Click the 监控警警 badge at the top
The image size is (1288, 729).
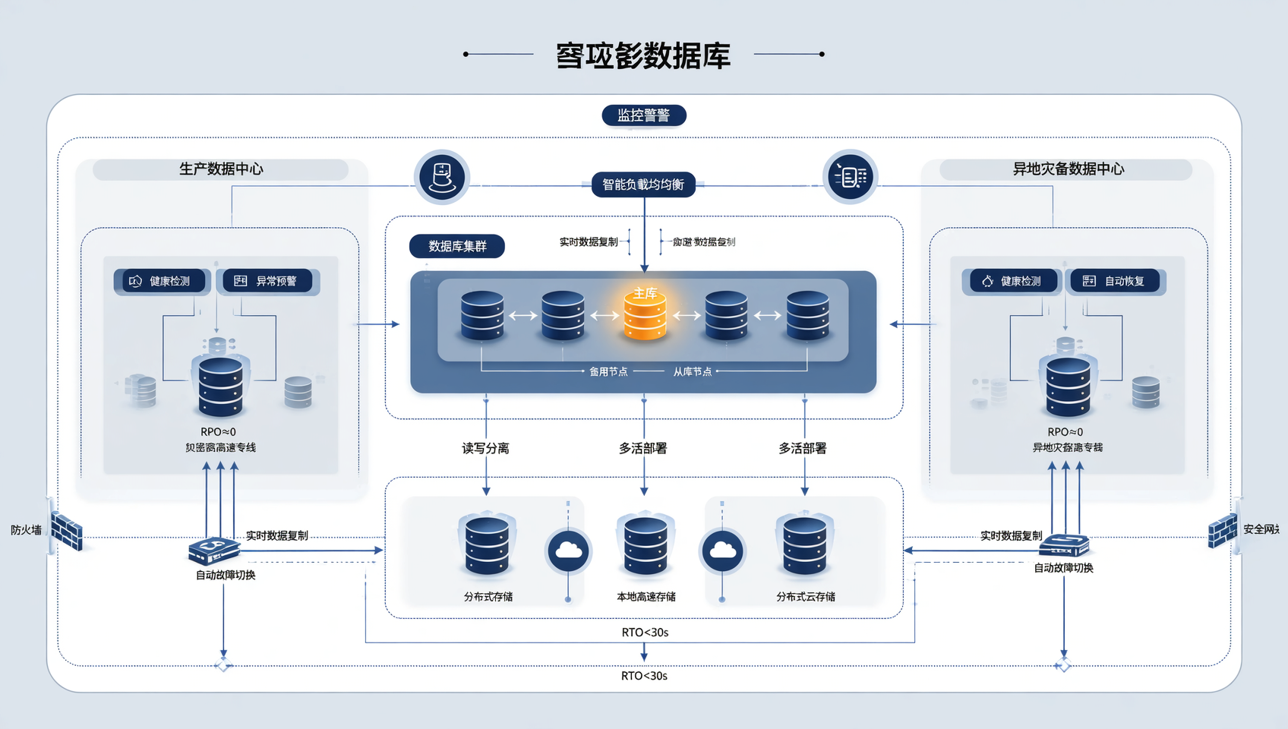tap(643, 115)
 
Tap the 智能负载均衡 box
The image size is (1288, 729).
tap(643, 185)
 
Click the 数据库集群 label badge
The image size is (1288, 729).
tap(456, 246)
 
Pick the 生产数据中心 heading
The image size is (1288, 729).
tap(221, 169)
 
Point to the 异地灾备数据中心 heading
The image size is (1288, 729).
tap(1068, 169)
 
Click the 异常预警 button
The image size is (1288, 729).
tap(268, 281)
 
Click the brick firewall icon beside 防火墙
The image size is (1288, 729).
tap(67, 531)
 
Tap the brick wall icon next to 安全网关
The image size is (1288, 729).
tap(1222, 530)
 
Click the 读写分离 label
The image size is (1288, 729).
tap(485, 448)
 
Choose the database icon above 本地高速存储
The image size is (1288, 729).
tap(645, 545)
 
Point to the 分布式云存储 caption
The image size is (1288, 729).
tap(805, 597)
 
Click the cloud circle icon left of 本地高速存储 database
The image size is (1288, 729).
tap(568, 551)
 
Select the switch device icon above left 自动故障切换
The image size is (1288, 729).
tap(214, 550)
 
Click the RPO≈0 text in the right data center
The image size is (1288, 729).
tap(1065, 431)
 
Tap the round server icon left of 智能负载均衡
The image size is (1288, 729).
tap(442, 178)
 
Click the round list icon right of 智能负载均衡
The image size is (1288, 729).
tap(850, 177)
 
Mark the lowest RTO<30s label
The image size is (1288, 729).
tap(644, 676)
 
